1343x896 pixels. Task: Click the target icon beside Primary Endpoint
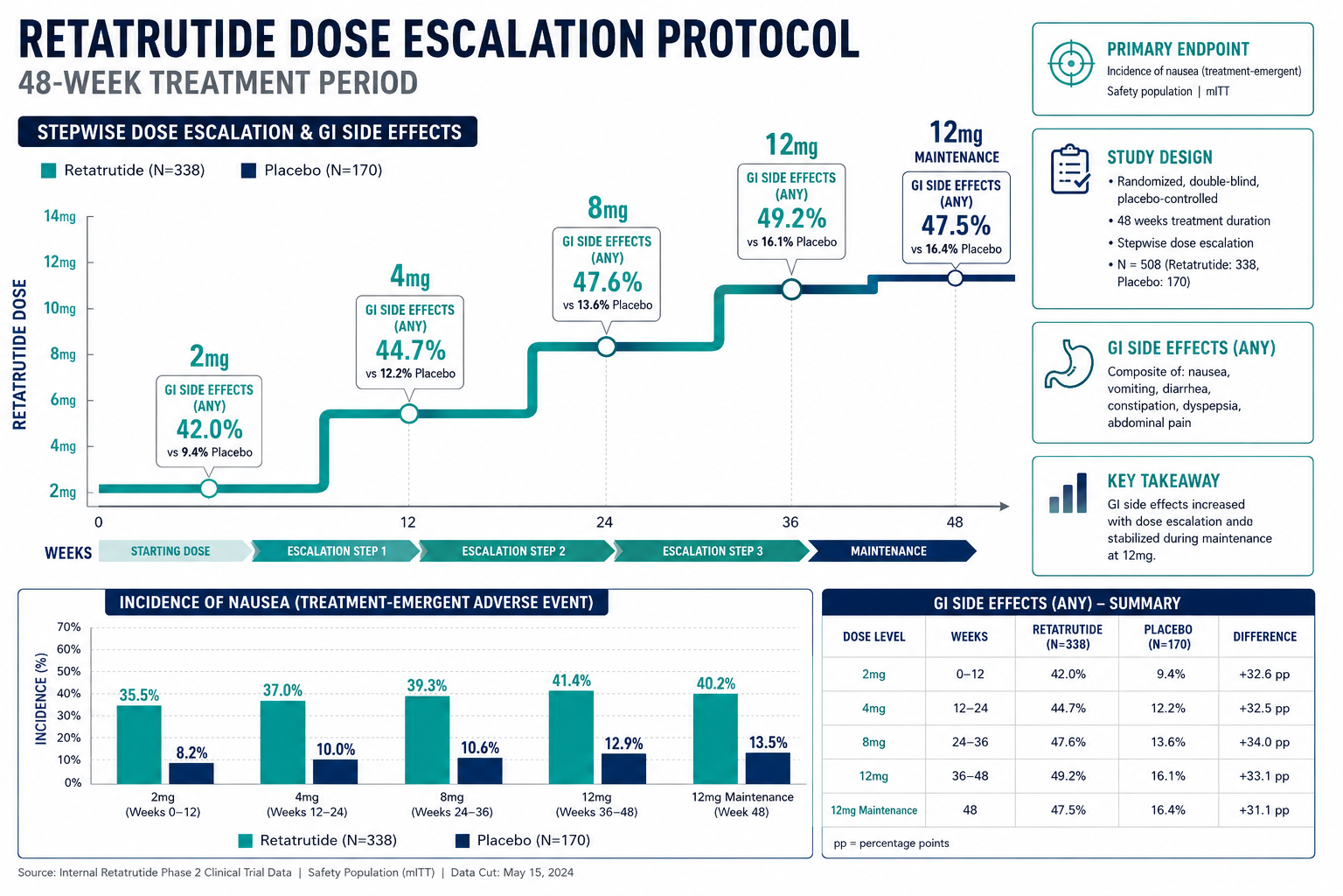pyautogui.click(x=1071, y=64)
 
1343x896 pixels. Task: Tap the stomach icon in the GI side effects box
pyautogui.click(x=1068, y=364)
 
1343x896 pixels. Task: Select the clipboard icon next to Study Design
pyautogui.click(x=1070, y=169)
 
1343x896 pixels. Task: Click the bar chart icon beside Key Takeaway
pyautogui.click(x=1068, y=493)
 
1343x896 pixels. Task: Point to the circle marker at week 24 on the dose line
pyautogui.click(x=606, y=346)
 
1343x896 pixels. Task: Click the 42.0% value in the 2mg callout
pyautogui.click(x=209, y=430)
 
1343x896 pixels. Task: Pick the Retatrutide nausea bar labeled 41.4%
pyautogui.click(x=571, y=737)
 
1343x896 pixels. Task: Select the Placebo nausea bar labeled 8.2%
pyautogui.click(x=191, y=773)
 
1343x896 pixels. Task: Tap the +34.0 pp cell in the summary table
pyautogui.click(x=1263, y=742)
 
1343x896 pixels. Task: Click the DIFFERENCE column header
pyautogui.click(x=1264, y=637)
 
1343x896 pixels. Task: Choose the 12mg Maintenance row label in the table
pyautogui.click(x=873, y=810)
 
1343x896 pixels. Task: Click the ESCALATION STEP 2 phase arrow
pyautogui.click(x=516, y=551)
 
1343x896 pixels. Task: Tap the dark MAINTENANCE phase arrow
pyautogui.click(x=892, y=551)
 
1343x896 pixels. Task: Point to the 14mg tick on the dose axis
pyautogui.click(x=60, y=216)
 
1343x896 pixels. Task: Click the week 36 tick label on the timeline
pyautogui.click(x=790, y=522)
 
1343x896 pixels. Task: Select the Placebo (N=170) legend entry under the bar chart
pyautogui.click(x=523, y=840)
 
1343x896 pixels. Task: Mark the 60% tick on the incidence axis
pyautogui.click(x=69, y=649)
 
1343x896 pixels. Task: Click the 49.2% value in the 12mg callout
pyautogui.click(x=791, y=219)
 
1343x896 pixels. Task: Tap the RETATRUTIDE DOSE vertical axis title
pyautogui.click(x=20, y=354)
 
